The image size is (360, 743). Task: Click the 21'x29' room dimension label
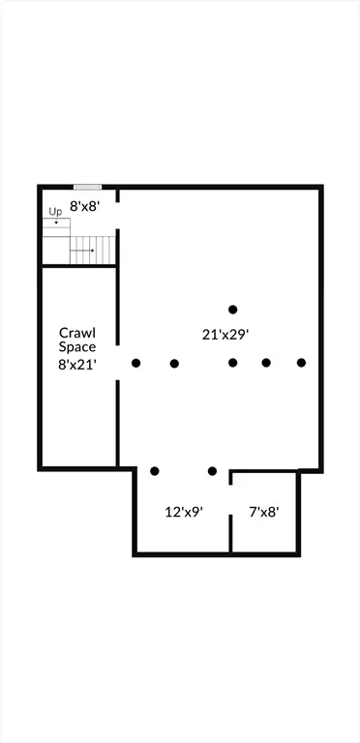225,335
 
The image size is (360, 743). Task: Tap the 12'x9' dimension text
184,512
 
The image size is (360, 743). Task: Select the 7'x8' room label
264,512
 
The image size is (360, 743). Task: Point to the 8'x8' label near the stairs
85,206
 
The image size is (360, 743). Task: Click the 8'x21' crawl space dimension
78,365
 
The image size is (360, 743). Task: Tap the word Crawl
77,332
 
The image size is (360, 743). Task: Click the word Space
77,347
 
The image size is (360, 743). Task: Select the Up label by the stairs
55,212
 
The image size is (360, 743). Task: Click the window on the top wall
88,187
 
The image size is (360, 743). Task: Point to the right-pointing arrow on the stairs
82,251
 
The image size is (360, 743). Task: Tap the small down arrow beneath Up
56,223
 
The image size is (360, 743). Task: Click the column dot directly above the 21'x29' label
232,310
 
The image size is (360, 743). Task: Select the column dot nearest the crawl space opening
135,364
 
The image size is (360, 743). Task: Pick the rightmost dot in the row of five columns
301,363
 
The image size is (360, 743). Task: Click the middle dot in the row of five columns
232,363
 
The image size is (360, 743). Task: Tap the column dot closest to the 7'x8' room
212,471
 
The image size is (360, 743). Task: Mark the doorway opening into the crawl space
117,363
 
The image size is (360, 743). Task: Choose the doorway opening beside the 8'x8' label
117,216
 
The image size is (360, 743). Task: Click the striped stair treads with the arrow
93,251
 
